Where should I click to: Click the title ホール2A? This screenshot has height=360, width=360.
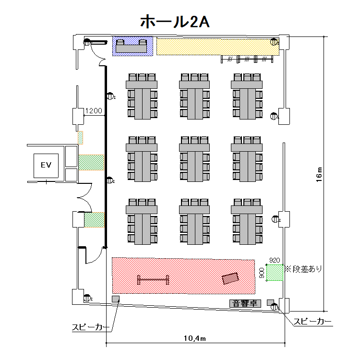tap(174, 22)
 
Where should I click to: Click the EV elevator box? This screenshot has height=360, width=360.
tap(46, 165)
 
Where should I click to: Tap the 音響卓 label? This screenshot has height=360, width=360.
tap(245, 303)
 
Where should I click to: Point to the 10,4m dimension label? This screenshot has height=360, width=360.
tap(194, 338)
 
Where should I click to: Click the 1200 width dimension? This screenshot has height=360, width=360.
tap(94, 111)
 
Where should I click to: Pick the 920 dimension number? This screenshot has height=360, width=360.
tap(275, 260)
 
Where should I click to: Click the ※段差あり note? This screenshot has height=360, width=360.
tap(303, 269)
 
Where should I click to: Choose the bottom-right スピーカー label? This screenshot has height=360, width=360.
tap(312, 321)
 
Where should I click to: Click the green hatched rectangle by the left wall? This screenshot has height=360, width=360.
tap(95, 220)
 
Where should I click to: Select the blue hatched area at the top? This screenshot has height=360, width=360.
tap(133, 46)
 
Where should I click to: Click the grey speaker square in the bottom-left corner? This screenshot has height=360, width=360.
tap(116, 299)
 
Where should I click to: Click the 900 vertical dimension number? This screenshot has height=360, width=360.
tap(262, 273)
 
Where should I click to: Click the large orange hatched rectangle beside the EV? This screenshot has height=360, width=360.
tap(91, 162)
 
